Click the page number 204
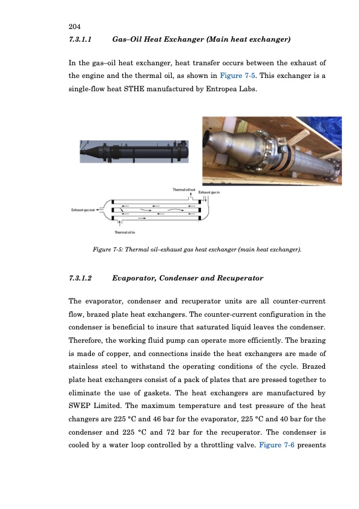click(x=75, y=27)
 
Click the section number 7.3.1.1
click(x=80, y=39)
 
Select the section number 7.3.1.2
click(x=80, y=278)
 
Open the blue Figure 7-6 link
click(x=277, y=445)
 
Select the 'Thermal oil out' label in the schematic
click(x=184, y=189)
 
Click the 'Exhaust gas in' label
click(x=209, y=192)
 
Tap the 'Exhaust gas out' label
click(x=83, y=210)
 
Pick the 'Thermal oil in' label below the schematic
click(x=125, y=232)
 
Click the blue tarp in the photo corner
click(x=325, y=130)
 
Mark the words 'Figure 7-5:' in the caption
click(x=108, y=250)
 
